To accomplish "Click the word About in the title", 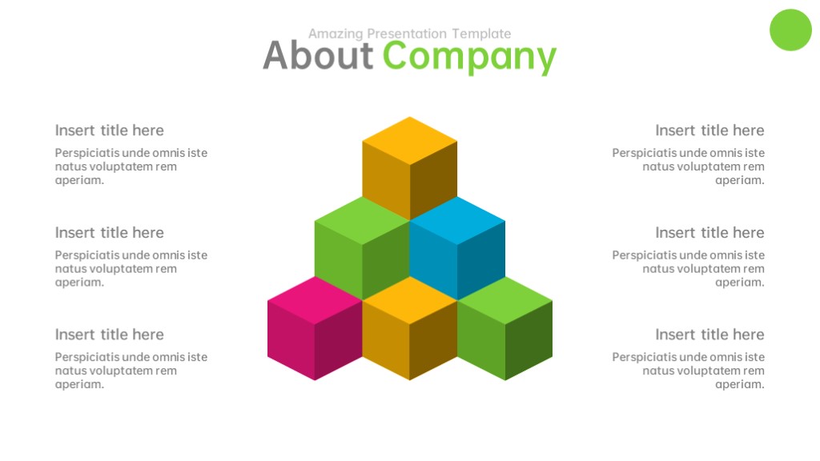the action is coord(318,55).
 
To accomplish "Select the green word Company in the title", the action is coord(469,58).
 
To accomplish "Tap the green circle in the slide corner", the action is coord(790,30).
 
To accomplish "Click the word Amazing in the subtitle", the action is coord(336,34).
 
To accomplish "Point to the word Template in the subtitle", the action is coord(481,34).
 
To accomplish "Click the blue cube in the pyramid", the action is coord(457,248).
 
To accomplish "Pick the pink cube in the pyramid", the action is coord(315,328).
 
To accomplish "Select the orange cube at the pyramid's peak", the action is coord(409,168).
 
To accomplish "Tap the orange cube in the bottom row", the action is coord(409,328).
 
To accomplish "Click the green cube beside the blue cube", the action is coord(362,248).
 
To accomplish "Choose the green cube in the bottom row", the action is coord(504,328).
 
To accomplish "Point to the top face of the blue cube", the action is coord(457,221).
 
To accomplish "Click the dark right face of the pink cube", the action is coord(339,340).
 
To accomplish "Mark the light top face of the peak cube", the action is coord(409,141).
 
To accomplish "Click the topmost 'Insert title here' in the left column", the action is coord(109,130).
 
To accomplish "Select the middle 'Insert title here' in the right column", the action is coord(709,233).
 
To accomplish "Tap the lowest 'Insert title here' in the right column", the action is coord(709,335).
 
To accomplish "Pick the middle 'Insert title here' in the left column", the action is coord(109,233).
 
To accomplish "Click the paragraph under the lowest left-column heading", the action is coord(131,371).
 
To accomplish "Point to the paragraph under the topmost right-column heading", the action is coord(688,166).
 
